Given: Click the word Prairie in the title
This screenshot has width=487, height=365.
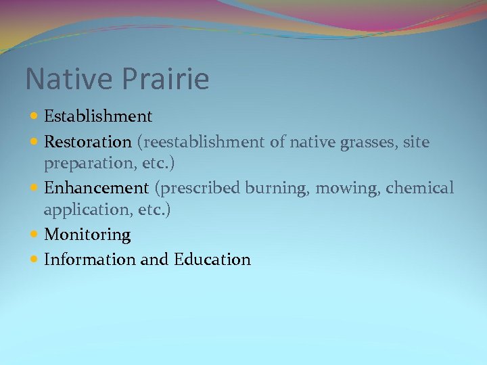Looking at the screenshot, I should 166,80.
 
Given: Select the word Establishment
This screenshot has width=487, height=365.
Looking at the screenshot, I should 98,117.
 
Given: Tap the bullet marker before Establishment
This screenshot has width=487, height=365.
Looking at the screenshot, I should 34,116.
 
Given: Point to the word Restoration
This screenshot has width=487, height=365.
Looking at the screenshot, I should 87,143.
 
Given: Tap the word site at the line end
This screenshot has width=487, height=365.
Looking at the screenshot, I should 417,143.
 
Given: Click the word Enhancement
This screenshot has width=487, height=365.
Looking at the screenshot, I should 95,188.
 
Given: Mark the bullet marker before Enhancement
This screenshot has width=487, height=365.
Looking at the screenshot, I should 34,188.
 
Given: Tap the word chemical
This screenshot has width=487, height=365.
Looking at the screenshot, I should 420,188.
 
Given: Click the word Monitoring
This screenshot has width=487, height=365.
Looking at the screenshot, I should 87,235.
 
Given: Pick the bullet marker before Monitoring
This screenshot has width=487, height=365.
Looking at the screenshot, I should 34,235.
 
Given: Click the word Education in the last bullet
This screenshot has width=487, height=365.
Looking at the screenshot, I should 212,260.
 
